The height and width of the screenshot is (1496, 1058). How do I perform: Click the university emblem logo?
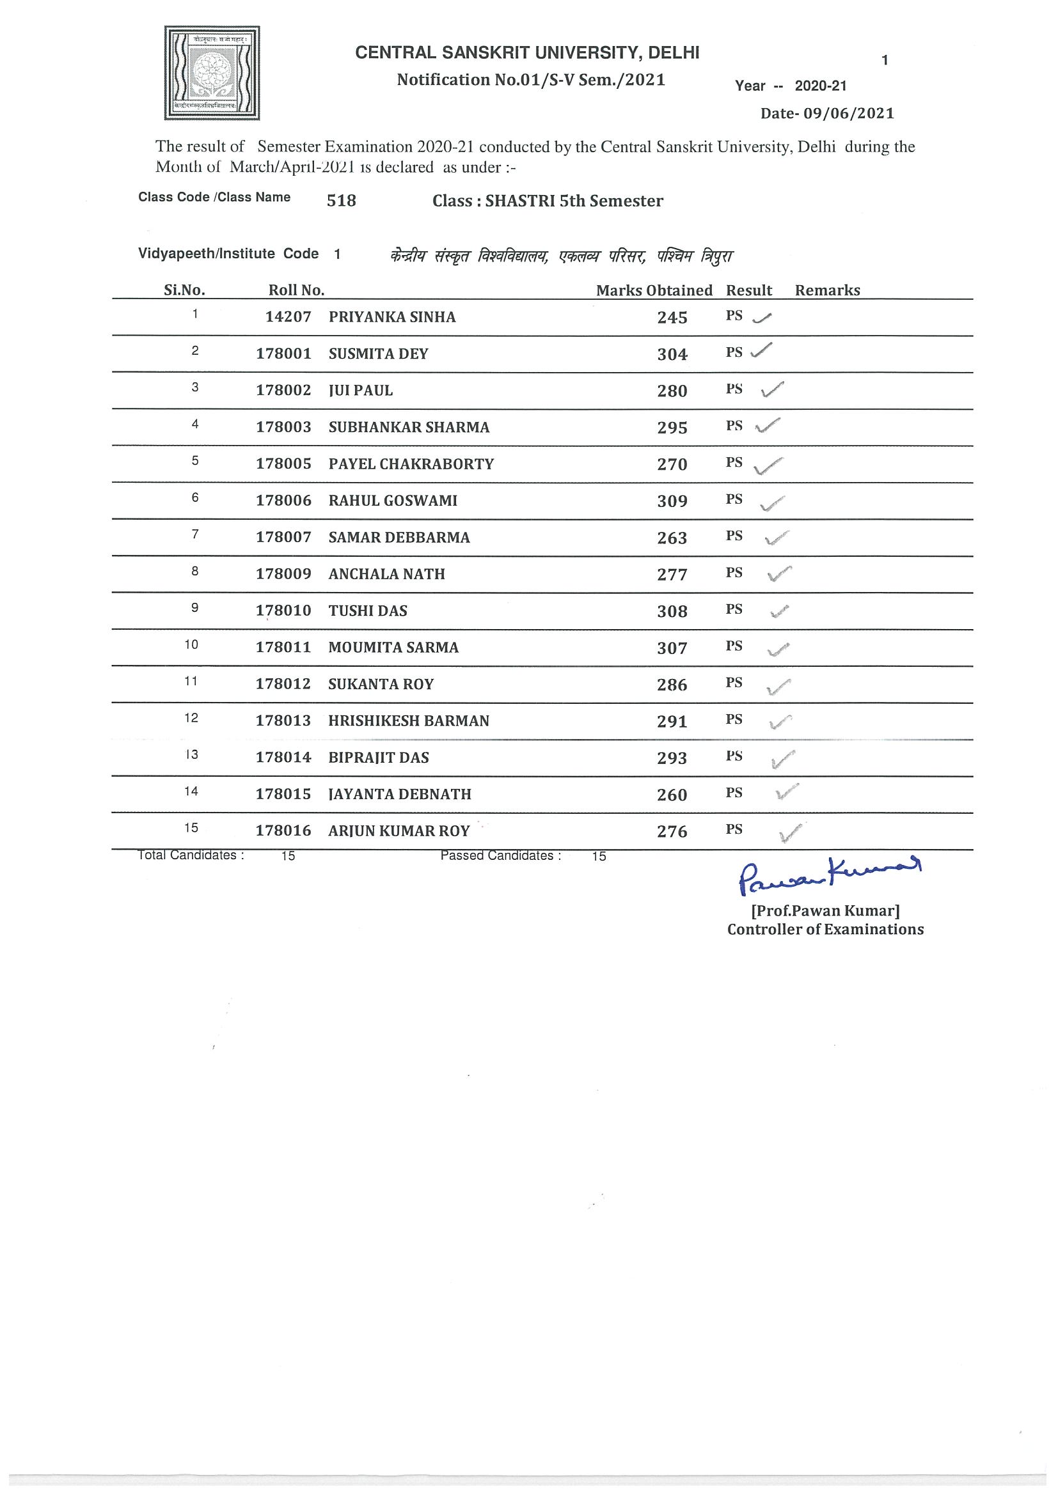[x=212, y=73]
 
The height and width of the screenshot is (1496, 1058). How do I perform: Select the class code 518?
[x=342, y=201]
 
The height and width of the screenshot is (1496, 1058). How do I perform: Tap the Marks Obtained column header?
[x=654, y=291]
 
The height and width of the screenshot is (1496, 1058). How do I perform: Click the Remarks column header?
[x=827, y=291]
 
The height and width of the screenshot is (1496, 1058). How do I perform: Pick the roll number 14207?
[x=288, y=317]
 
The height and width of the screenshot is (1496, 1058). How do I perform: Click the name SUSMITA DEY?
[x=378, y=354]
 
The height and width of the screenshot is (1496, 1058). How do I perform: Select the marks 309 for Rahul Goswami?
[x=672, y=501]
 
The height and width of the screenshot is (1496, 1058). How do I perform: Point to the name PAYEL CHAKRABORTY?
[x=411, y=464]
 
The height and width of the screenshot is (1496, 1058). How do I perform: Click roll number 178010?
[x=283, y=611]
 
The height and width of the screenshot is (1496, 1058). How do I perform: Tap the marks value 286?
[x=672, y=685]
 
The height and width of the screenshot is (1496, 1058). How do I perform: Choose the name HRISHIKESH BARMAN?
[x=409, y=721]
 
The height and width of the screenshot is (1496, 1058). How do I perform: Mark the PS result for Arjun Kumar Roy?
[x=734, y=829]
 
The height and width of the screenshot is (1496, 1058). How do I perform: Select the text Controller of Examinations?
[x=825, y=930]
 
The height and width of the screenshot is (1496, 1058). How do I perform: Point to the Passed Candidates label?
[x=501, y=855]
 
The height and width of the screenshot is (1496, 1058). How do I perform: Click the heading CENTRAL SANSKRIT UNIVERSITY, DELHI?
[x=527, y=54]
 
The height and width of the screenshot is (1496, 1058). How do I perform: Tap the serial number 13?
[x=192, y=755]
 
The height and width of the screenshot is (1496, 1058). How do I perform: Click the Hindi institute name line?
[x=561, y=256]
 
